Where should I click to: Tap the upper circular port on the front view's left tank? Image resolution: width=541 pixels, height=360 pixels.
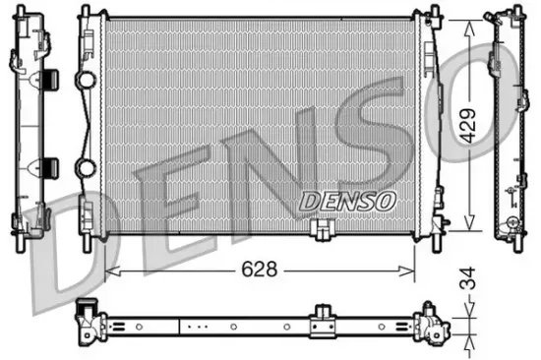86,78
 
